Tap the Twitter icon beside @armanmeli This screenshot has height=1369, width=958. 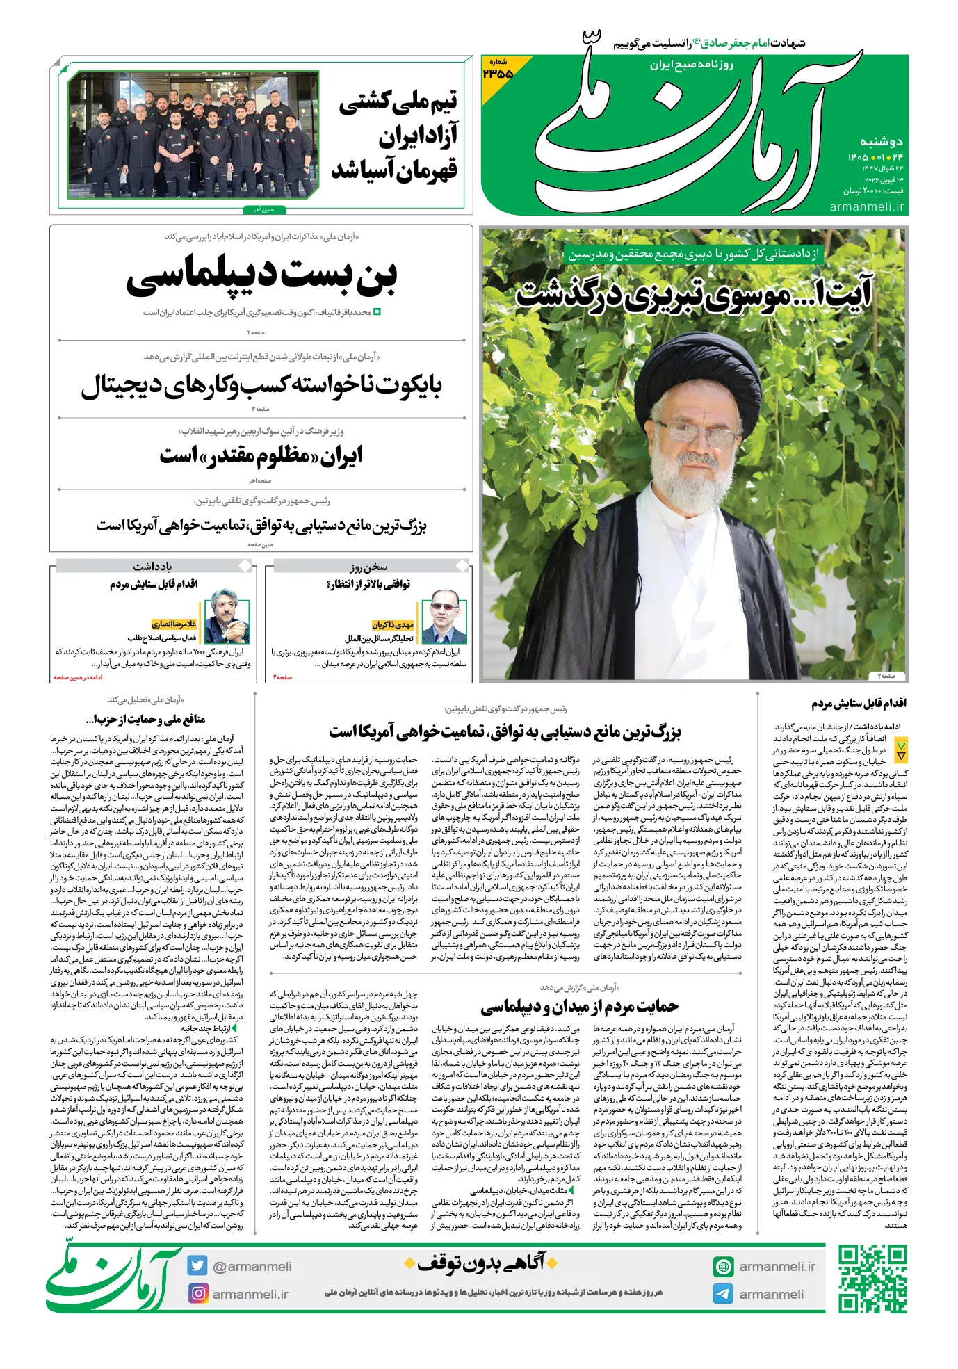point(197,1266)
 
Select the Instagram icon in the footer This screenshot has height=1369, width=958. point(198,1294)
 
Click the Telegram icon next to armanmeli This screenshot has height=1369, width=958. point(723,1294)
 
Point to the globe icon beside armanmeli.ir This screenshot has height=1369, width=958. point(723,1266)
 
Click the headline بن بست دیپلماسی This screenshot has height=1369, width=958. point(261,275)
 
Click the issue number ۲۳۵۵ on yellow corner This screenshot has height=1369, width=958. point(498,71)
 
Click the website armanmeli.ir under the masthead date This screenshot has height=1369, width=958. point(867,206)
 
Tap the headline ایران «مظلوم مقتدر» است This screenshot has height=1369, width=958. point(261,455)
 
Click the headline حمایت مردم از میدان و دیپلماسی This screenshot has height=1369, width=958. point(579,1006)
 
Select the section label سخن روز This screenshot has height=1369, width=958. point(368,567)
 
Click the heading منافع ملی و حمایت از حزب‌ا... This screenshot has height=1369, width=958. point(145,719)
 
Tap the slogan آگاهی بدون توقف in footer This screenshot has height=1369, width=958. point(482,1263)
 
